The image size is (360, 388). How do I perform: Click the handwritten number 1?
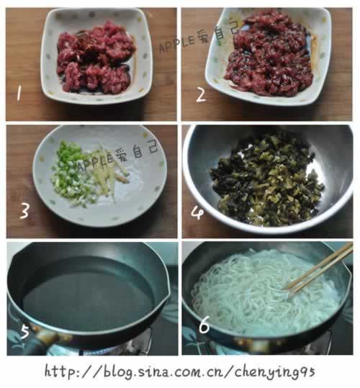tap(18, 93)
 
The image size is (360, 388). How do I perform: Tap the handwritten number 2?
tap(201, 95)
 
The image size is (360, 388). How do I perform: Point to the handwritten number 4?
tap(197, 213)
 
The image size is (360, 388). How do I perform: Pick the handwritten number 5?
tap(24, 331)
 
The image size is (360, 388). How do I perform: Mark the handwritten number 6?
tap(204, 325)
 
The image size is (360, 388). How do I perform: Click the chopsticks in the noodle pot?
tap(319, 268)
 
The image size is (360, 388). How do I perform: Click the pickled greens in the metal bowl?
tap(266, 179)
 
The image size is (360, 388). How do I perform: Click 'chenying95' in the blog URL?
tap(274, 372)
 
